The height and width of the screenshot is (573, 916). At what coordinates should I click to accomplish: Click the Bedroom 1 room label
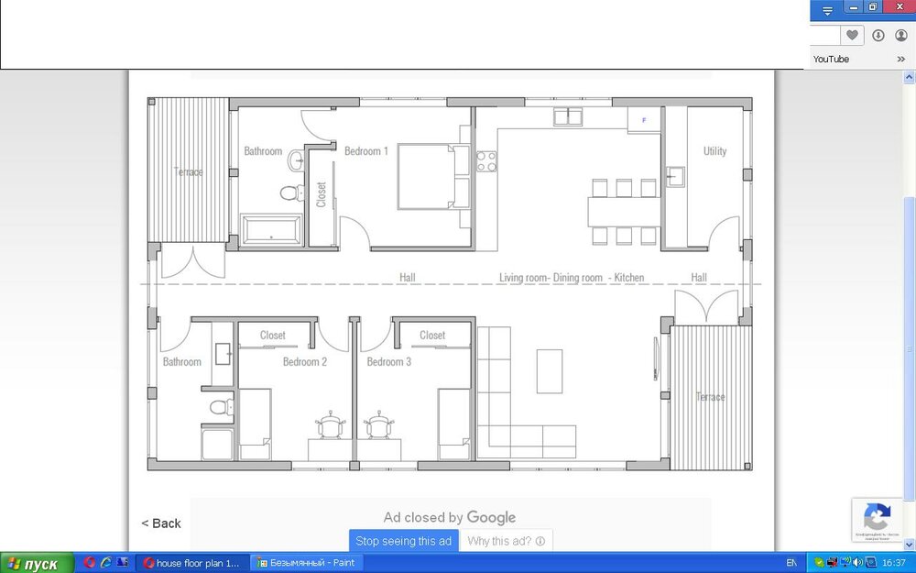365,151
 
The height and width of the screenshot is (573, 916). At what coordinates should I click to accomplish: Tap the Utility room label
714,151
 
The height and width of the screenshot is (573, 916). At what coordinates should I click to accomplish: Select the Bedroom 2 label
304,362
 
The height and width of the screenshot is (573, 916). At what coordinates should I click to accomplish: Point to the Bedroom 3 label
388,362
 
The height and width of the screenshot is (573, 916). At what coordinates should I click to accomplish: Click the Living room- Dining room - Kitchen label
571,278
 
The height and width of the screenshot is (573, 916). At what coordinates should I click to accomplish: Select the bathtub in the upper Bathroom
270,229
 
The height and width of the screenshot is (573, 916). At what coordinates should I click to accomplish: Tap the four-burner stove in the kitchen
485,161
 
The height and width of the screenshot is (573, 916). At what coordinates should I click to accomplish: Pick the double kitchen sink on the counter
568,116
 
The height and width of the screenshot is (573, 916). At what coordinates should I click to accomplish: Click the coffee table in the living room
550,370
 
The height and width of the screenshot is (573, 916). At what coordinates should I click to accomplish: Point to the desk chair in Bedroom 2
330,425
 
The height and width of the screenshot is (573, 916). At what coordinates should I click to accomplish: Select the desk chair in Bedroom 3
378,425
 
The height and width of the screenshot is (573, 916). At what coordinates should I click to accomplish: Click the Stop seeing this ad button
403,541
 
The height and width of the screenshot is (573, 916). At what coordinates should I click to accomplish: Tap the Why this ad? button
506,541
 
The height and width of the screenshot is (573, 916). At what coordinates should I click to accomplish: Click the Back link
161,523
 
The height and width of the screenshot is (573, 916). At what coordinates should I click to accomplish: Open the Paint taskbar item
306,563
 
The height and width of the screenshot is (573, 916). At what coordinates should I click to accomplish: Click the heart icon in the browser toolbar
852,35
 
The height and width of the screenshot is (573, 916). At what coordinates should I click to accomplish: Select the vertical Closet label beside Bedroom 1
321,194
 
